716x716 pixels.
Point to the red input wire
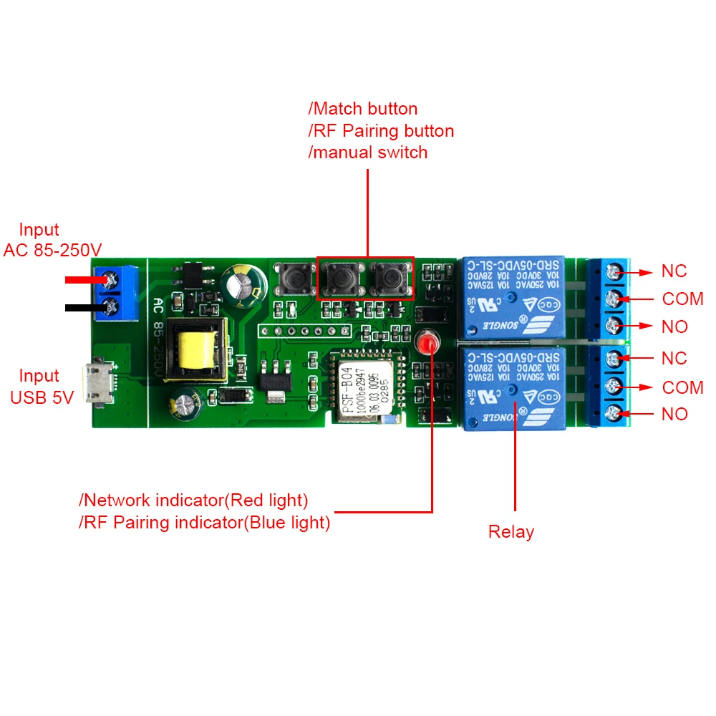click(86, 280)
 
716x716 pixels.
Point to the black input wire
click(86, 308)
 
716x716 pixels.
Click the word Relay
click(511, 532)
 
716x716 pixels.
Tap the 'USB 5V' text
click(42, 398)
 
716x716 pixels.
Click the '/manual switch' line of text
click(367, 152)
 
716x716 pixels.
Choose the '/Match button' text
click(362, 109)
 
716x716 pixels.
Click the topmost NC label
click(674, 271)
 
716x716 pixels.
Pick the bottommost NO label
click(674, 414)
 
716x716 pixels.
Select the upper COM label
click(682, 299)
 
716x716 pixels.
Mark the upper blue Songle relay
click(514, 296)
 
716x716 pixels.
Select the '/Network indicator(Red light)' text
click(193, 500)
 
